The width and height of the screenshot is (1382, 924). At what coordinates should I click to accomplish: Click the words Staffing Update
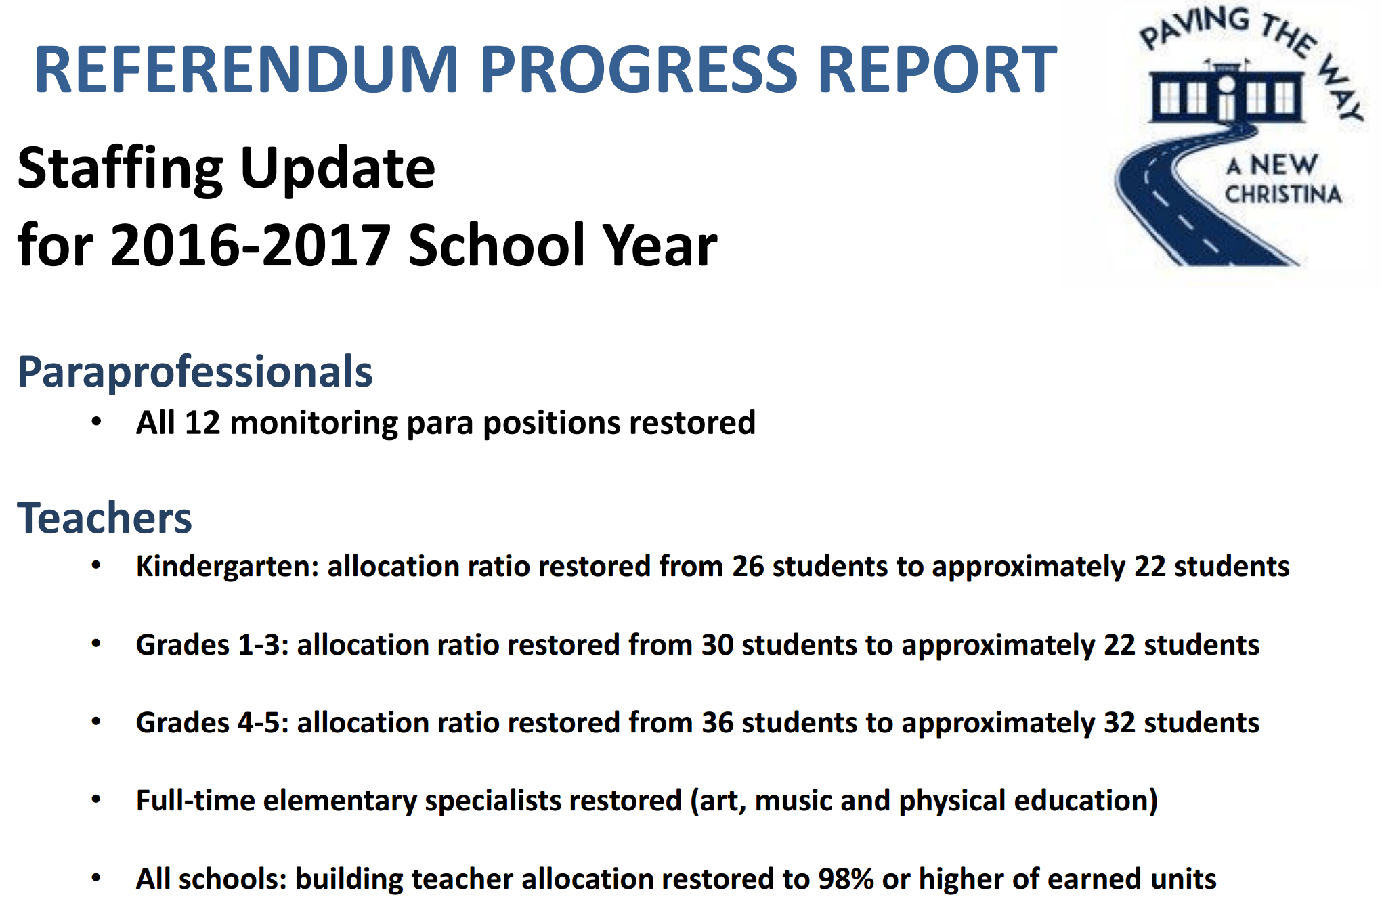226,169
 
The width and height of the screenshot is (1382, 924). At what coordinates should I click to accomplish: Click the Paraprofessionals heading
195,373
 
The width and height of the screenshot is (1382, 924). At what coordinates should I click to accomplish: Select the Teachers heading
105,518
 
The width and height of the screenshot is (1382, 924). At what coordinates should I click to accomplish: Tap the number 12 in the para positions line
202,422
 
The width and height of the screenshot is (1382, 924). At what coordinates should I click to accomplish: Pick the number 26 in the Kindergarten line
748,567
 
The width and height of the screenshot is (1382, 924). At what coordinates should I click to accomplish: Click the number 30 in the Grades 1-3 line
717,644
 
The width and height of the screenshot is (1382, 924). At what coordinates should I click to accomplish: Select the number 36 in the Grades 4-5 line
717,723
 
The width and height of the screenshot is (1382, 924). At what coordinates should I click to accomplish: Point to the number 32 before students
1120,723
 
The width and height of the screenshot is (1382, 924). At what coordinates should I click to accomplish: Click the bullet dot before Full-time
96,800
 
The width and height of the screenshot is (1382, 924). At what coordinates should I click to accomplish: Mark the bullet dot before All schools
96,879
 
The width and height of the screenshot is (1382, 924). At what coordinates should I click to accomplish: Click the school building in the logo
1226,95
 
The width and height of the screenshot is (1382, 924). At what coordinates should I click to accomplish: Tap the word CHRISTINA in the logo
1283,194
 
